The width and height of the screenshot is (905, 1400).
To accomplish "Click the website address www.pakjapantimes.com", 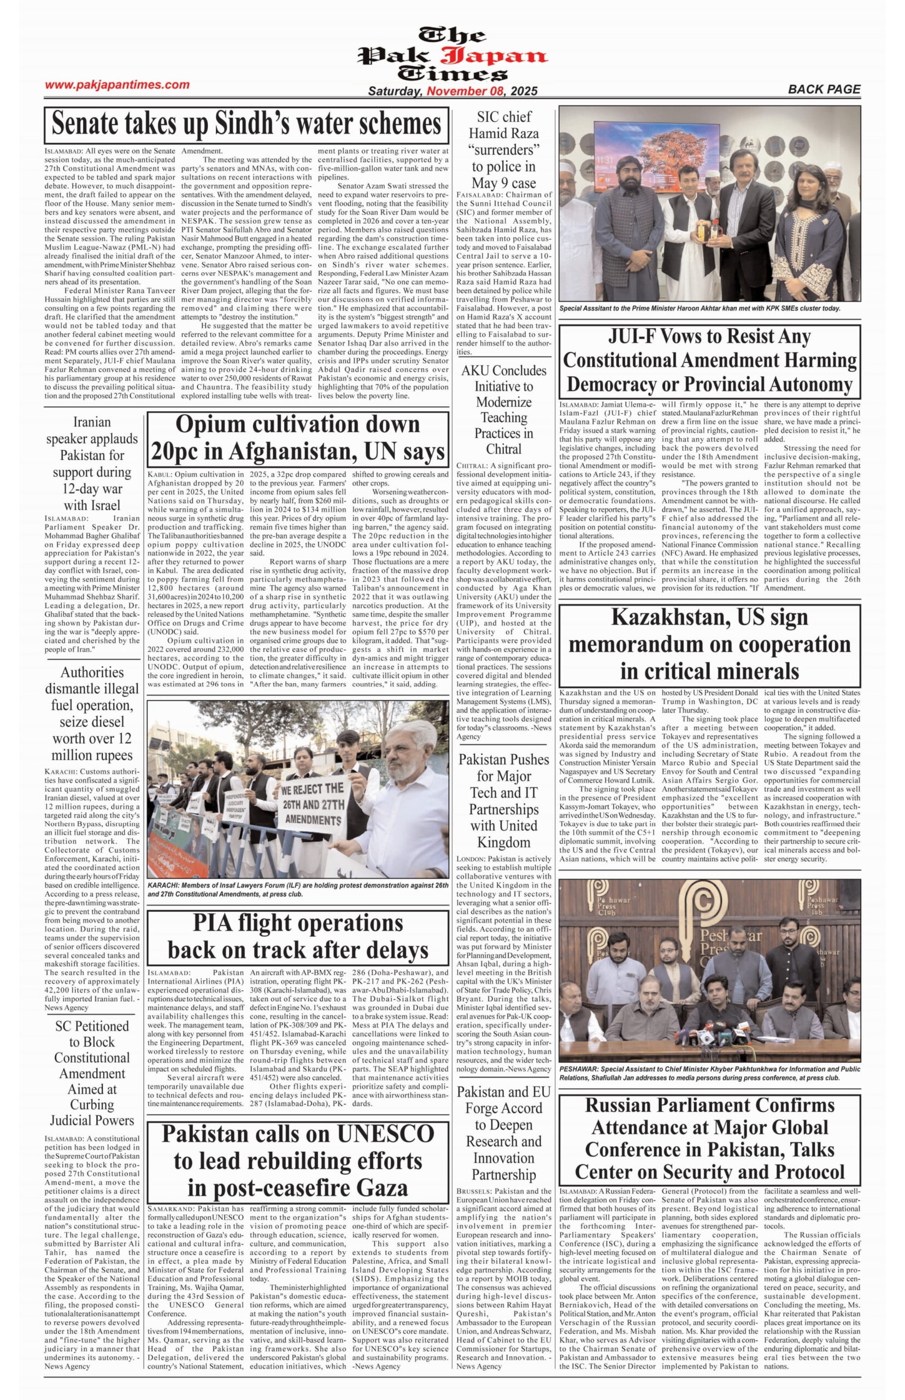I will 117,85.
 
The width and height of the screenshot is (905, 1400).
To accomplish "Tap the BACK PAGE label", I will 824,89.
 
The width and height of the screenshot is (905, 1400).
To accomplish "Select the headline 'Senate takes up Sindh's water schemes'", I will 245,124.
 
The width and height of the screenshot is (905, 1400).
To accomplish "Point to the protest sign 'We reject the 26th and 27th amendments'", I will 312,804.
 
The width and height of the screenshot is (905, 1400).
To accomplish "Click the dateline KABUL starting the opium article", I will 159,475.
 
